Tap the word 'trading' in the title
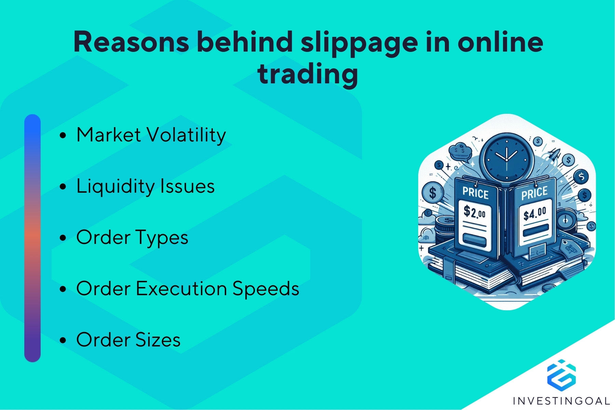[307, 74]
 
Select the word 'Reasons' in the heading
[131, 42]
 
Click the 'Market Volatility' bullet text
[151, 135]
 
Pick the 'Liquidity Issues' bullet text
[146, 187]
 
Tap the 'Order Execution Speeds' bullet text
[188, 289]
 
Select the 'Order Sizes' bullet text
[128, 340]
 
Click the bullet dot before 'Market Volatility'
[63, 136]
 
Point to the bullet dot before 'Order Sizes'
[63, 341]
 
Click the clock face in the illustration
[506, 158]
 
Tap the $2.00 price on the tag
[474, 212]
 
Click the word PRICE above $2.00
[475, 193]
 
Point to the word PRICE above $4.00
[534, 193]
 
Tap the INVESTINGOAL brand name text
[561, 401]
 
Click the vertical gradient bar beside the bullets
[32, 238]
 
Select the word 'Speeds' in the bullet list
[266, 289]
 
